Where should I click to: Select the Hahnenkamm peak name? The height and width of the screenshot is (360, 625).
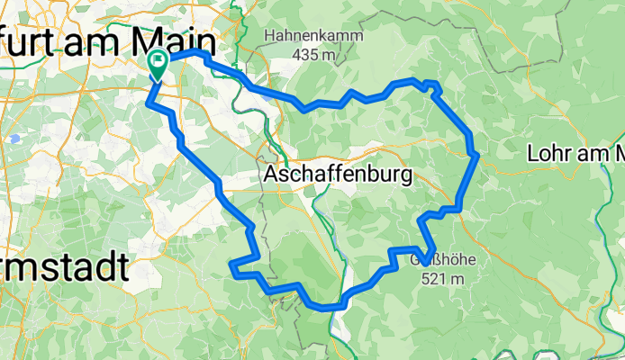click(x=313, y=37)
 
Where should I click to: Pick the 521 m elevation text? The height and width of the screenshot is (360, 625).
click(x=442, y=279)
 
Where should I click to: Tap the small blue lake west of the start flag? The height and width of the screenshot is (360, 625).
click(x=15, y=139)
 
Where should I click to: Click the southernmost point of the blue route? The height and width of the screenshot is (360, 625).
click(x=329, y=308)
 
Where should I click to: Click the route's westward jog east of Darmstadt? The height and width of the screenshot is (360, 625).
click(x=233, y=265)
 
